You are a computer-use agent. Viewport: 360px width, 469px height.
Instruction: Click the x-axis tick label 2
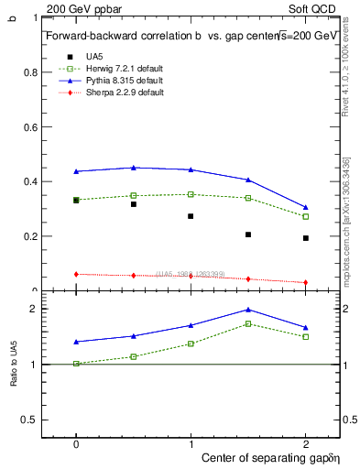[x=306, y=442]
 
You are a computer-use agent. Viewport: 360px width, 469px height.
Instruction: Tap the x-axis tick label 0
[x=76, y=442]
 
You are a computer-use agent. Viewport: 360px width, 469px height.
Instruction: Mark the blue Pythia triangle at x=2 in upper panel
[x=306, y=207]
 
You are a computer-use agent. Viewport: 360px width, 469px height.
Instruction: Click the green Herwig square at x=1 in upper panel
[x=191, y=194]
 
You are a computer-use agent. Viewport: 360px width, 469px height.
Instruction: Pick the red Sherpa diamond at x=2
[x=306, y=282]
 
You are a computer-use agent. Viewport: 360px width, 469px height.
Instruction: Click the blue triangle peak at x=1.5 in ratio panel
[x=248, y=310]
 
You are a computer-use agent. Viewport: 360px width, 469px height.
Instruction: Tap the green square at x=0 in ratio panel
[x=76, y=364]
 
